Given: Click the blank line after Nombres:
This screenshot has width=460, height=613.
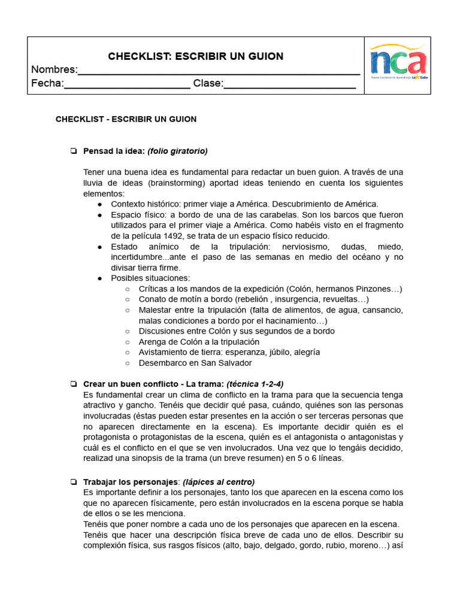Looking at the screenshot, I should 219,72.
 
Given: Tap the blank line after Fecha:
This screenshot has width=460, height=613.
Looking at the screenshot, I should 127,86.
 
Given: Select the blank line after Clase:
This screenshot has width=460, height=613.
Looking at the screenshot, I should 289,86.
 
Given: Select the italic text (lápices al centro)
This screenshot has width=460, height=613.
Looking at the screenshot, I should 219,482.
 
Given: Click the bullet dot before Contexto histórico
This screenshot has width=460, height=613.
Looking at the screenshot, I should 99,204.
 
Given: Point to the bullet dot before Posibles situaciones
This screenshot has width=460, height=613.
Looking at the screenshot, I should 99,278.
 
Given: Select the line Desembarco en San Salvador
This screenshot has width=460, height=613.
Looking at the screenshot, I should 195,363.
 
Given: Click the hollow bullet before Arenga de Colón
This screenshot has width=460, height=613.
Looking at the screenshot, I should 128,342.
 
